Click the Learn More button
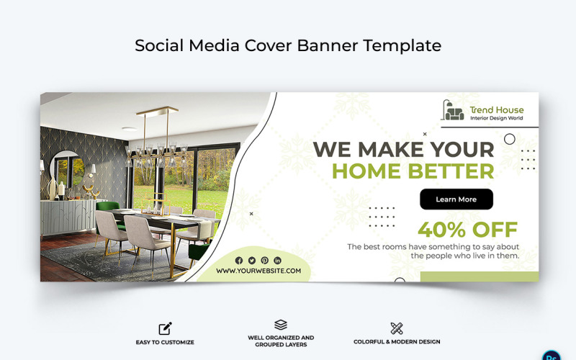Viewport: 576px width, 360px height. pos(456,199)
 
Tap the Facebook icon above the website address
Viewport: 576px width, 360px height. pos(239,261)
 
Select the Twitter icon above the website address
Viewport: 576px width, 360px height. pos(252,261)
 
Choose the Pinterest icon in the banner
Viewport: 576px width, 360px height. pos(265,261)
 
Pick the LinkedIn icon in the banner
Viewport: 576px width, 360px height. pos(278,261)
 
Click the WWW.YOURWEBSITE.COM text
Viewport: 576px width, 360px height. pos(258,271)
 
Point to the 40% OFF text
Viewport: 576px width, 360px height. pos(467,230)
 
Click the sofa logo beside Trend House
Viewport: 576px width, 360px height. pos(454,111)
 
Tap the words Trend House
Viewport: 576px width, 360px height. pos(497,110)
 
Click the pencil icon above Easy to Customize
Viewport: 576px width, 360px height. pos(165,329)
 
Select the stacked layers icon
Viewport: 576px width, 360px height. pos(281,325)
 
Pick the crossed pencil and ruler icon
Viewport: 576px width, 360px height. pos(397,329)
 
